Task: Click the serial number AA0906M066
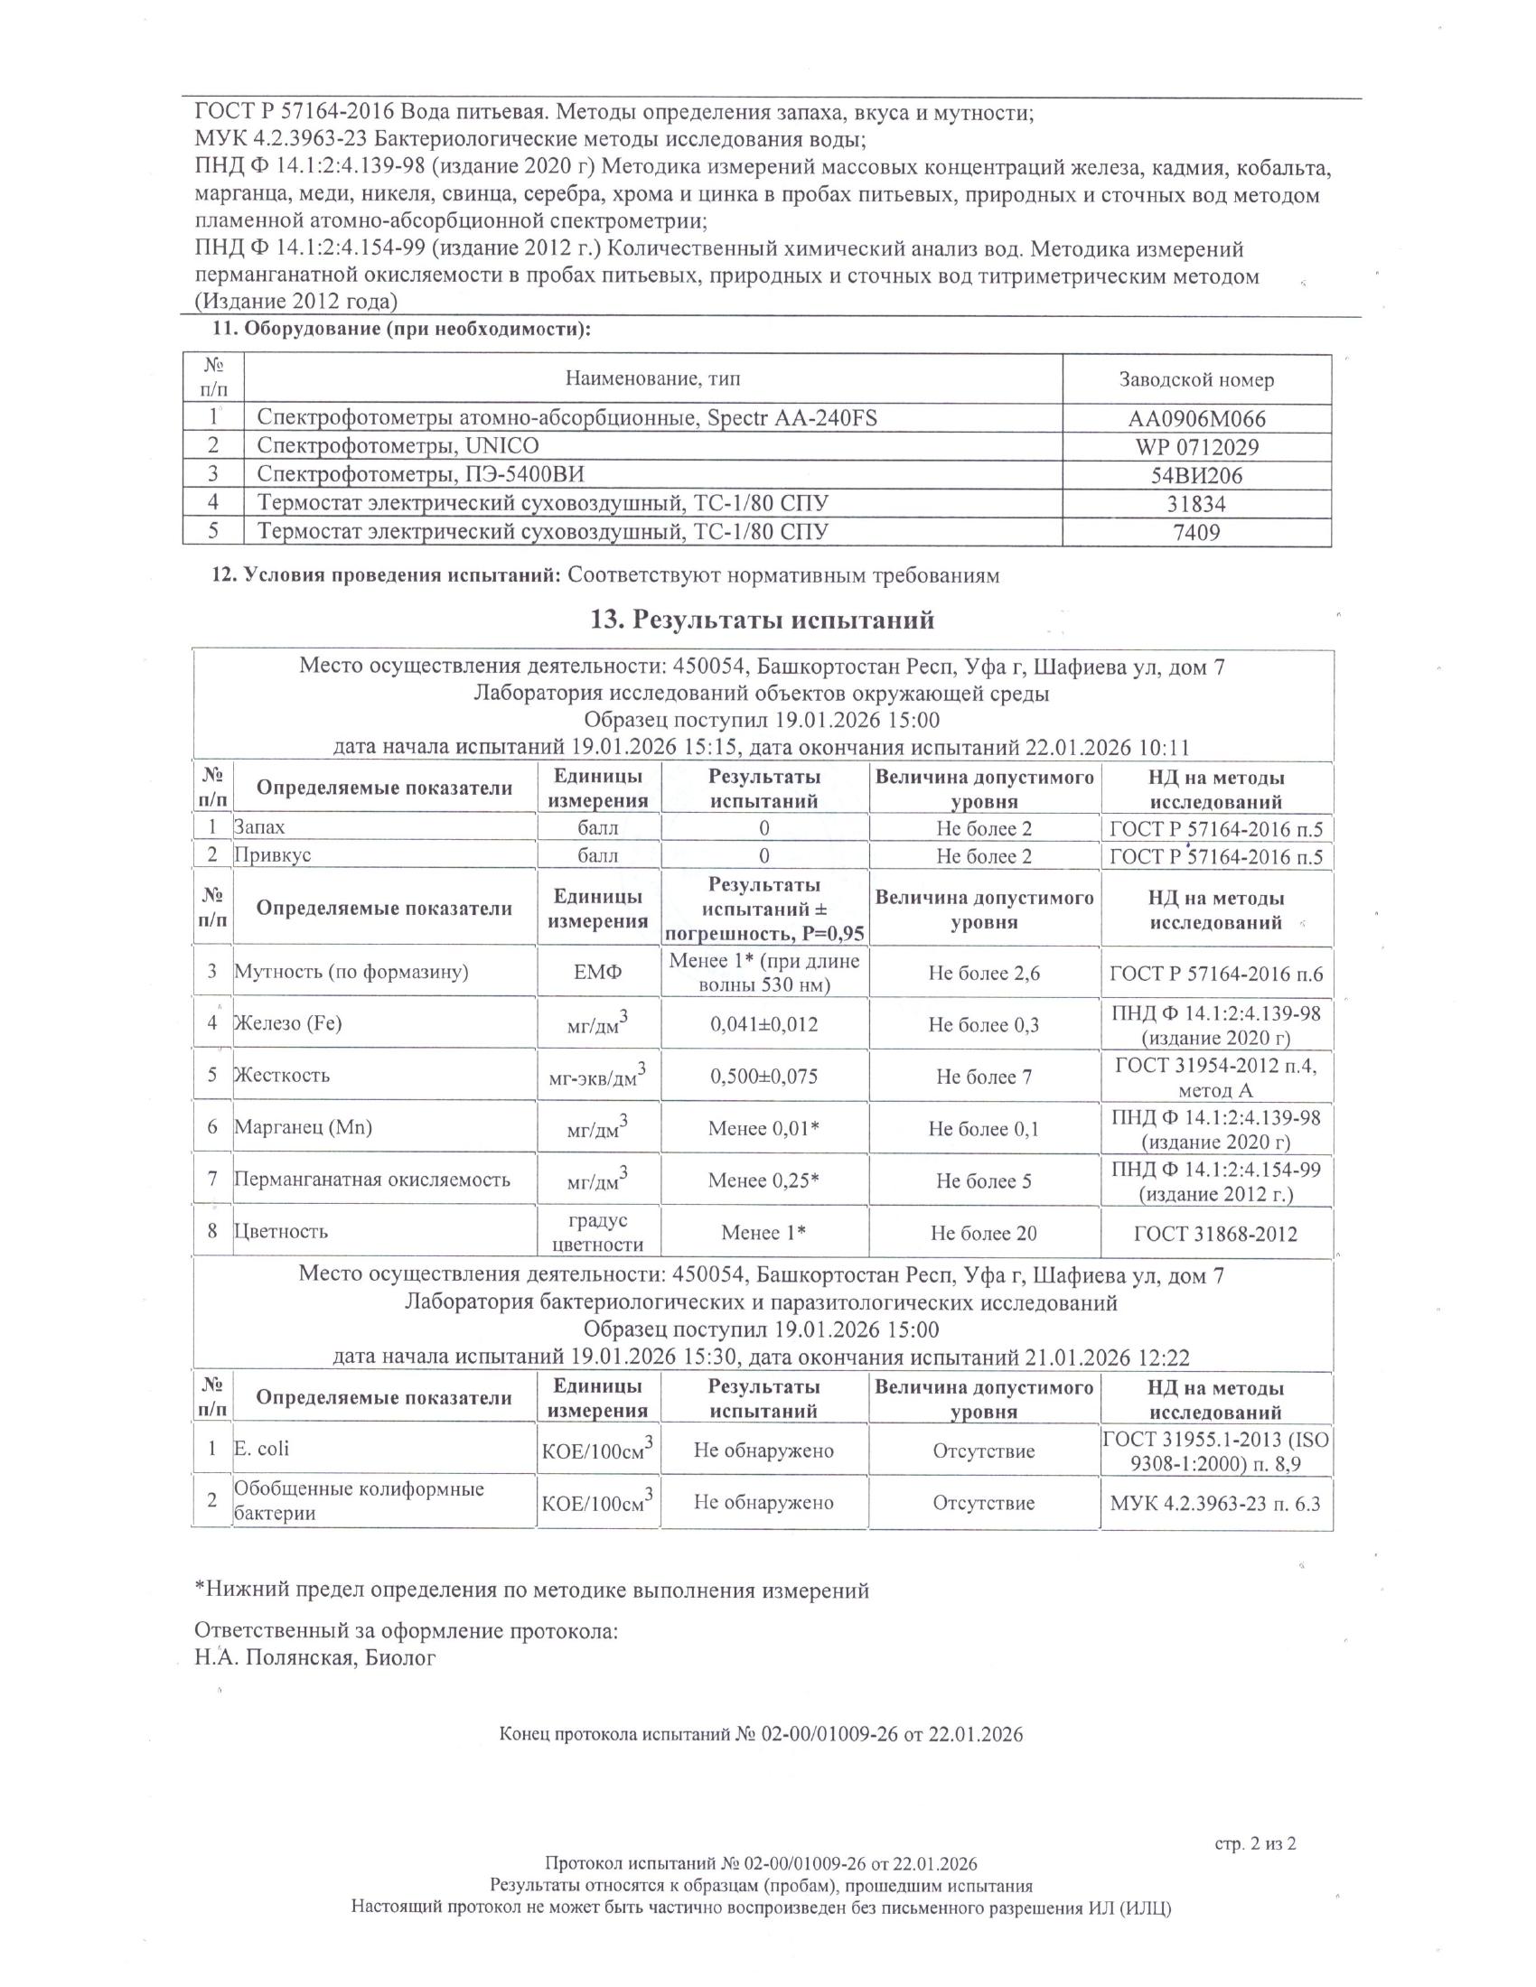(x=1196, y=418)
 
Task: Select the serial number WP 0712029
(x=1196, y=447)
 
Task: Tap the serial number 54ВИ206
(x=1196, y=475)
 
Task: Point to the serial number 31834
(x=1196, y=503)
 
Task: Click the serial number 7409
(x=1196, y=531)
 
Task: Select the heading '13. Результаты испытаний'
(x=763, y=620)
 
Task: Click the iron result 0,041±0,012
(x=763, y=1024)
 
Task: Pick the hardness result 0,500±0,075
(x=763, y=1077)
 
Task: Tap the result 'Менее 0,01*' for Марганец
(x=763, y=1128)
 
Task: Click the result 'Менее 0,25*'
(x=763, y=1180)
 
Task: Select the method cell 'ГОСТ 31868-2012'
(x=1215, y=1234)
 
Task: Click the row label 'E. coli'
(x=262, y=1449)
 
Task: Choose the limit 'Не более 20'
(x=984, y=1234)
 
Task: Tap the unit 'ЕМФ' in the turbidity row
(x=598, y=973)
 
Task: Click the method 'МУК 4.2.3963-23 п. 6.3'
(x=1215, y=1503)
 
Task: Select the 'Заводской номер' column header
(x=1196, y=379)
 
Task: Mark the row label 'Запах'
(x=260, y=827)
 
